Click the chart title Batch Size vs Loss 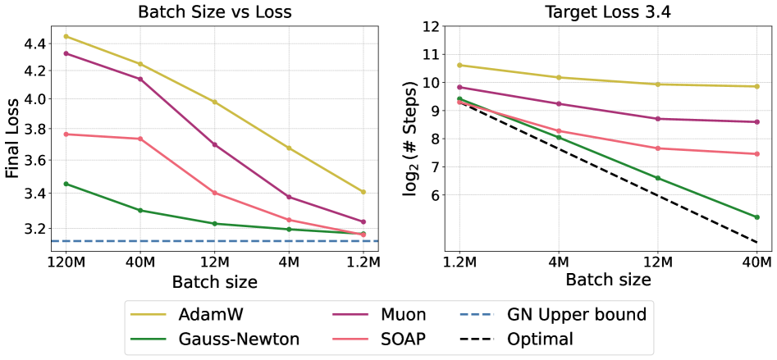(x=214, y=11)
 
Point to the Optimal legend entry (x=541, y=339)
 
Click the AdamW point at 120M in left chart (x=66, y=36)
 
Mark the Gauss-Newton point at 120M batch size (x=66, y=184)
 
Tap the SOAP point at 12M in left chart (x=215, y=193)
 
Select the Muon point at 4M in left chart (x=289, y=197)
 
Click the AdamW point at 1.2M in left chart (x=363, y=192)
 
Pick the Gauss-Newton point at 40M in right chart (x=756, y=217)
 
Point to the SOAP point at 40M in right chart (x=756, y=153)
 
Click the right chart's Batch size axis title (x=608, y=280)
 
